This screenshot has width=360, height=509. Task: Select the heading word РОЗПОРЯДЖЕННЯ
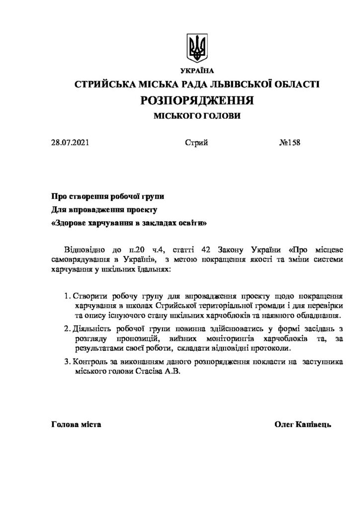click(197, 101)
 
